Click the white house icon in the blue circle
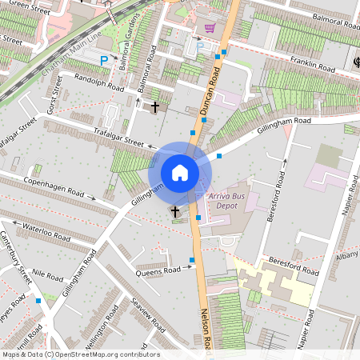[180, 172]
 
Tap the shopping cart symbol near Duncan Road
[210, 28]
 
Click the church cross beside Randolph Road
[154, 106]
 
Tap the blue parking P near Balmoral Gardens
[102, 60]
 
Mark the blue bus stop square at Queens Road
[192, 260]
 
